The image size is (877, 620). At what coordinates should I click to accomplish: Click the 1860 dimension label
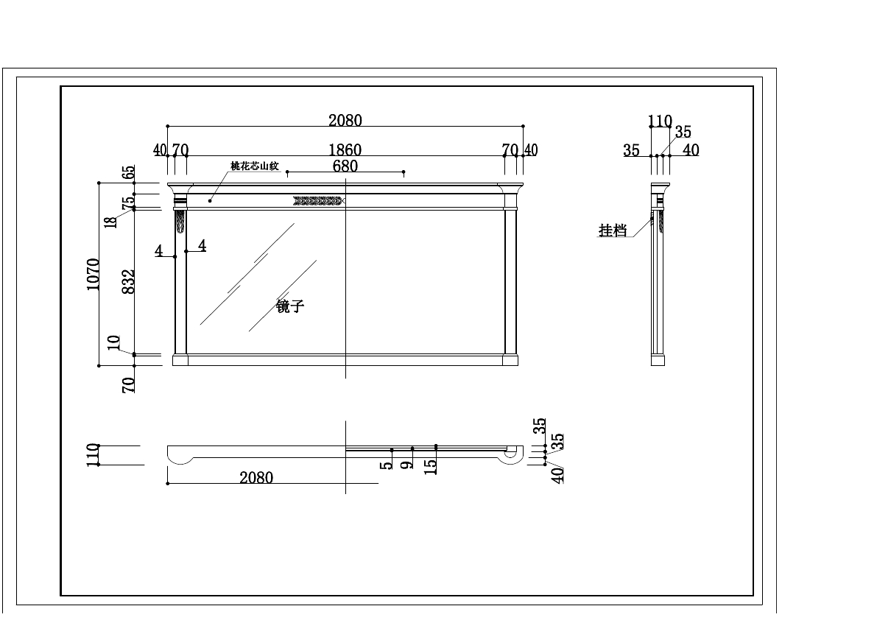345,151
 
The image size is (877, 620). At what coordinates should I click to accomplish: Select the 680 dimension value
345,166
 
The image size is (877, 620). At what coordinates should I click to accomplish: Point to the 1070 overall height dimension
94,274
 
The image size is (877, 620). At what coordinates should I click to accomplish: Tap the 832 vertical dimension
128,282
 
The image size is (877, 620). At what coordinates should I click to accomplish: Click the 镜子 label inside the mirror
290,306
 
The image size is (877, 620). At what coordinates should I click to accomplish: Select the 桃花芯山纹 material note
254,167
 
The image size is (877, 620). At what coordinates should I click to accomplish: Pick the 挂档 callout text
613,231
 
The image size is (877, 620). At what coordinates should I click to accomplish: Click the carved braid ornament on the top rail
319,200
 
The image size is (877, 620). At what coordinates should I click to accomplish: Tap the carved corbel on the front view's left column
180,222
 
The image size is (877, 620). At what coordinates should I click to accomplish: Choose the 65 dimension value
129,173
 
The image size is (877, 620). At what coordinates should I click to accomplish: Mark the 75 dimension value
128,201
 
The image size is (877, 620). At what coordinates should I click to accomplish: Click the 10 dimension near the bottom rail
113,342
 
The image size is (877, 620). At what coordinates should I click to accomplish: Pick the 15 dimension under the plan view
432,465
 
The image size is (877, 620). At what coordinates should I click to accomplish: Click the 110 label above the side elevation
660,121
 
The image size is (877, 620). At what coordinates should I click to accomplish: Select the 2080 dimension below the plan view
256,478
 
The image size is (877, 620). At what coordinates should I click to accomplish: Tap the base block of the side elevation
658,361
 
